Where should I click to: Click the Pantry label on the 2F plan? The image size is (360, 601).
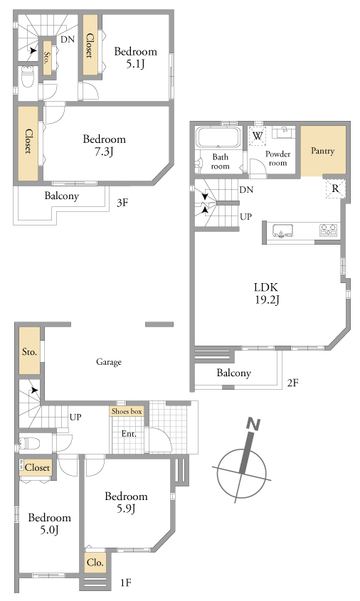coord(322,151)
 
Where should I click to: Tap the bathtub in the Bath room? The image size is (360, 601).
coord(218,137)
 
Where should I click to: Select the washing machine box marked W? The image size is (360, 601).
coord(258,136)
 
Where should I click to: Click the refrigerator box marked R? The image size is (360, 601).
coord(335,188)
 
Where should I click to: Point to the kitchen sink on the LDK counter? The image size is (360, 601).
coord(283,230)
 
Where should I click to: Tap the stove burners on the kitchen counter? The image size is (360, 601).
coord(328,230)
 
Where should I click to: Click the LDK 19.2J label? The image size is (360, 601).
coord(267,293)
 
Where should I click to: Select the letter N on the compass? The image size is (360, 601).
coord(253,425)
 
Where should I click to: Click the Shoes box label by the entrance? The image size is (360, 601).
coord(127,411)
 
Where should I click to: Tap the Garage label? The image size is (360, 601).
coord(109,361)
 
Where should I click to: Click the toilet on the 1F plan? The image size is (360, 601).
coord(29,443)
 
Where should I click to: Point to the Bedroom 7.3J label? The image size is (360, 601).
coord(105,145)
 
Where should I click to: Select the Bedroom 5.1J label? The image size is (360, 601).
coord(135,57)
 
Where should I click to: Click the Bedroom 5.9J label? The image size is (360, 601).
coord(126,502)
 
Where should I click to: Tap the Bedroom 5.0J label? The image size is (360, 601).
coord(50,523)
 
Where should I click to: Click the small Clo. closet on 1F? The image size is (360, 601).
coord(95,563)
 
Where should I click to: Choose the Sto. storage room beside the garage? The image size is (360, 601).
coord(29,351)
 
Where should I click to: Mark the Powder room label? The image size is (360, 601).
coord(278,158)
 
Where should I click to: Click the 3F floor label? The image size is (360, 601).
coord(122,203)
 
